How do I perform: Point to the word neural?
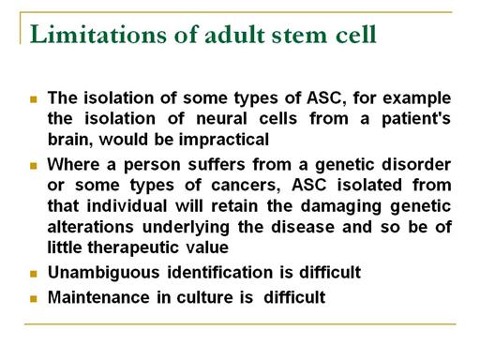coord(221,119)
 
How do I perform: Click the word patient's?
coord(416,119)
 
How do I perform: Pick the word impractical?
coord(224,140)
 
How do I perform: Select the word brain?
coord(70,140)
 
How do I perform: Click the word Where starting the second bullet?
coord(73,164)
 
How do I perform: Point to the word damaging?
coord(341,206)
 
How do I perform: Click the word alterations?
coord(91,227)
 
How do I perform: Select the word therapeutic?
coord(133,247)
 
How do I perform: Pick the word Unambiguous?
coord(104,272)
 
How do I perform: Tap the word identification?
coord(220,272)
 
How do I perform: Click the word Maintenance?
coord(98,297)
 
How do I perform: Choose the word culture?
coord(204,297)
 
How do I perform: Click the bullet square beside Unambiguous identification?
coord(34,274)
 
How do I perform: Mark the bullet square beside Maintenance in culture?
coord(34,299)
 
